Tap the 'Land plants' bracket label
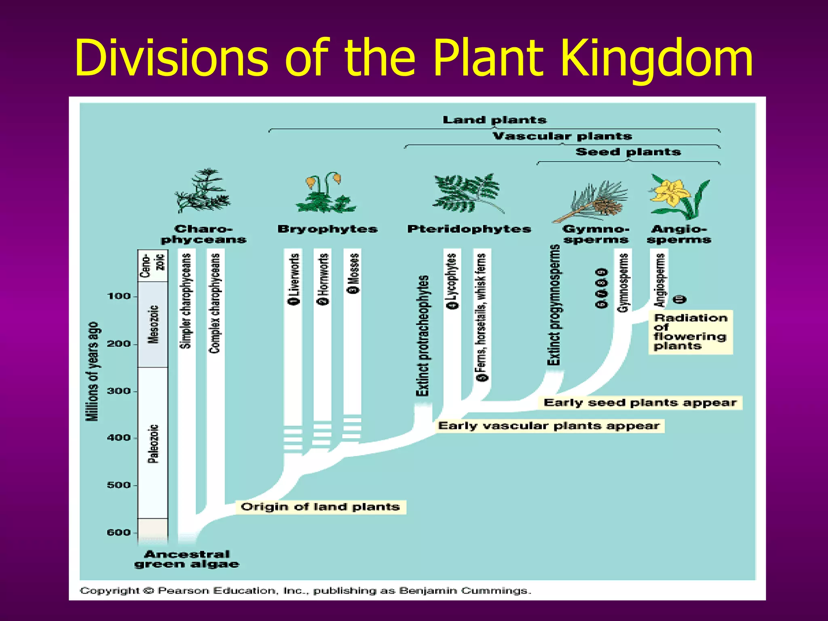(494, 120)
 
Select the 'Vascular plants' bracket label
(562, 136)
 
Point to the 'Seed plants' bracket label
(628, 152)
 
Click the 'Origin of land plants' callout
(320, 507)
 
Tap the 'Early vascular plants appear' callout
(549, 426)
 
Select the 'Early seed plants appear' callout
(640, 403)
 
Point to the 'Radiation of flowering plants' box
(690, 332)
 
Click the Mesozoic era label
(153, 324)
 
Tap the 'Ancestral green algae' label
(187, 559)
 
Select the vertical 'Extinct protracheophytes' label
(423, 336)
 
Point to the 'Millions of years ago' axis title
(93, 371)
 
